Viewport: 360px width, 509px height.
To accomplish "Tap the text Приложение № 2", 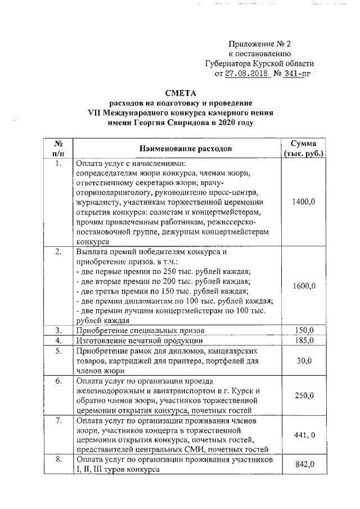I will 259,44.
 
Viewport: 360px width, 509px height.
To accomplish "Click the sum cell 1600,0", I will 304,286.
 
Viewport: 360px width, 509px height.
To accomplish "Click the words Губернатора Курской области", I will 259,64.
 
